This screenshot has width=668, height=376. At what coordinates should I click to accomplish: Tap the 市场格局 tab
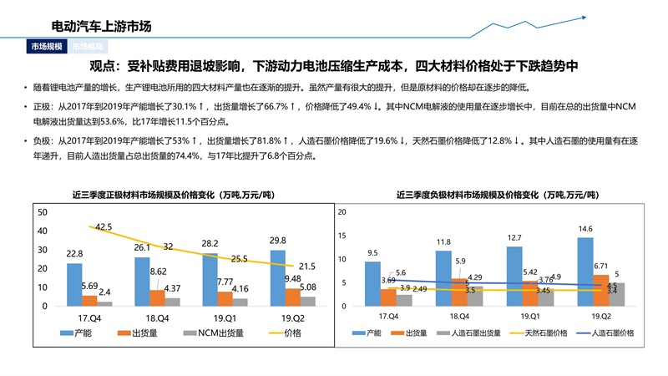tap(88, 48)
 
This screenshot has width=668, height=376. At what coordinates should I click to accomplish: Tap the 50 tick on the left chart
tap(43, 211)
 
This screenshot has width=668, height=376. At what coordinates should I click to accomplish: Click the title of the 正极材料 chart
tap(175, 195)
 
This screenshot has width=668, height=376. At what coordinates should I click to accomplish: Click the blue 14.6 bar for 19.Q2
tap(585, 272)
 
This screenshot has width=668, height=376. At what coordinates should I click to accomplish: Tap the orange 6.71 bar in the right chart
tap(601, 291)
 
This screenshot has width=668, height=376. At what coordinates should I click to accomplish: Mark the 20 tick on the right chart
tap(341, 212)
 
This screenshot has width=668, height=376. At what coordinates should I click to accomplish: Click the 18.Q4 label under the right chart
tap(460, 317)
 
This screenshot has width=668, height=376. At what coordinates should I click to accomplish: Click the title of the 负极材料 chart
tap(497, 195)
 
